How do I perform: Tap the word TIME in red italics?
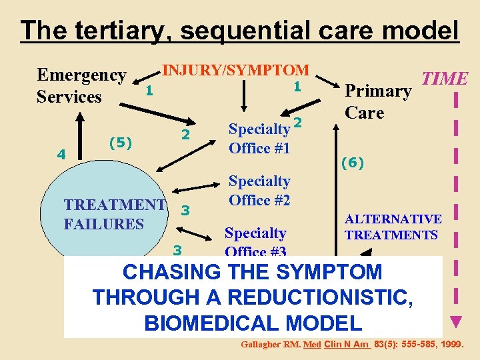(445, 79)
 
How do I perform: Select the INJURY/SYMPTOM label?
(236, 70)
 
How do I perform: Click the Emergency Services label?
(81, 86)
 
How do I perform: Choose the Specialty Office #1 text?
(259, 138)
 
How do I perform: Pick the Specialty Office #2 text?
(259, 191)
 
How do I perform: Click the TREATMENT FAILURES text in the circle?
(113, 214)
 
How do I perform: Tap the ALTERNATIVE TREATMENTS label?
(393, 227)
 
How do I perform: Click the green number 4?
(61, 155)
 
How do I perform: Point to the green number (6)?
(352, 163)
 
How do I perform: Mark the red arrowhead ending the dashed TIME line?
(456, 323)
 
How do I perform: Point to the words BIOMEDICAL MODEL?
(253, 323)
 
